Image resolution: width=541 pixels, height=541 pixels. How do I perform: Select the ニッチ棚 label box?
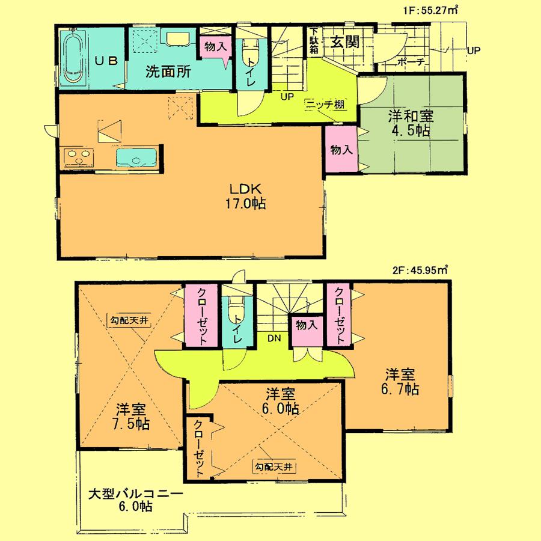[325, 104]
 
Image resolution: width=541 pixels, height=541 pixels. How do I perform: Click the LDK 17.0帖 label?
[248, 196]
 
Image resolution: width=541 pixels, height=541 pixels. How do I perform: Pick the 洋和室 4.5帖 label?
[411, 123]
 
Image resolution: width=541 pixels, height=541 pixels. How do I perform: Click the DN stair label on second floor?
[274, 338]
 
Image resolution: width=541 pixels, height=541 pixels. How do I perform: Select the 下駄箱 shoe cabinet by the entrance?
[314, 41]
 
